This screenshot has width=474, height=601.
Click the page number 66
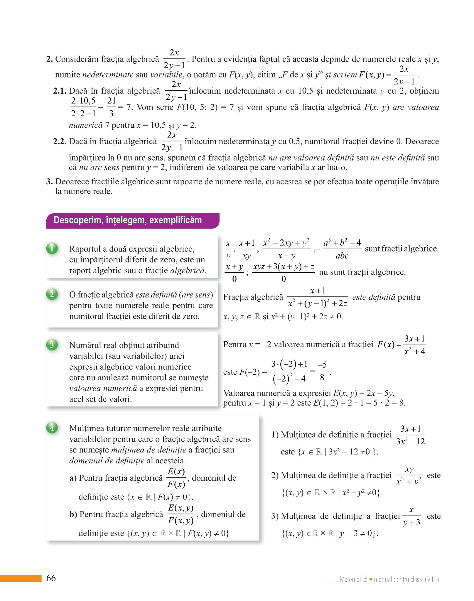click(x=51, y=578)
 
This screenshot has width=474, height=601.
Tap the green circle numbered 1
click(x=52, y=249)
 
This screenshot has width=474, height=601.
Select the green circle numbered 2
click(x=52, y=294)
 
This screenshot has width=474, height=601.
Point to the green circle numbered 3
click(x=52, y=345)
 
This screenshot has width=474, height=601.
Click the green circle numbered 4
click(x=52, y=428)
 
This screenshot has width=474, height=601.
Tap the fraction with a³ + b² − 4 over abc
click(x=342, y=249)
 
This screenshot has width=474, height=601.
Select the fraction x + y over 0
click(x=234, y=273)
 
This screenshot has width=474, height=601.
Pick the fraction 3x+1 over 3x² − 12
click(x=410, y=435)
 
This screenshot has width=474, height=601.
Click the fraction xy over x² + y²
click(x=409, y=475)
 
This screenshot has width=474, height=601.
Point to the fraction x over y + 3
click(x=411, y=516)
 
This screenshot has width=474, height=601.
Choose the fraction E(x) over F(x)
click(x=176, y=477)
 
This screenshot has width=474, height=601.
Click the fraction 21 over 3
click(x=112, y=107)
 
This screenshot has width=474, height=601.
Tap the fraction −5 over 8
click(x=322, y=371)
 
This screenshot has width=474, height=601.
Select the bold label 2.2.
click(x=60, y=141)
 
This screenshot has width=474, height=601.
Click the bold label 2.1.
click(x=60, y=91)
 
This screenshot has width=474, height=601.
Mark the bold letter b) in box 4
click(x=73, y=514)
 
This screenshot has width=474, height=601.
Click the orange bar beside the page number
click(x=21, y=578)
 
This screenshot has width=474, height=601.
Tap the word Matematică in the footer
click(x=353, y=579)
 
